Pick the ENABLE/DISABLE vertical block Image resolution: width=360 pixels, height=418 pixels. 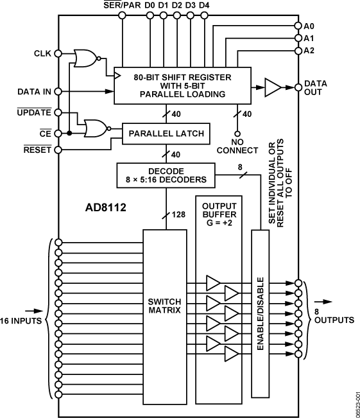pyautogui.click(x=260, y=313)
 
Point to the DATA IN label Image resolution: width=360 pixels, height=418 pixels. pyautogui.click(x=34, y=91)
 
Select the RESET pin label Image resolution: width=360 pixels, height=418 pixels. pyautogui.click(x=37, y=150)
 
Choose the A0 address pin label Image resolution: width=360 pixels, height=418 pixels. pyautogui.click(x=310, y=26)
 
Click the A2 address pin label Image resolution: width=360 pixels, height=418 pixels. pyautogui.click(x=310, y=50)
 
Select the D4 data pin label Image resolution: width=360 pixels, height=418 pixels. pyautogui.click(x=204, y=6)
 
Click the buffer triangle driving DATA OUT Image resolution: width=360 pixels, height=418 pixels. pyautogui.click(x=273, y=86)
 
